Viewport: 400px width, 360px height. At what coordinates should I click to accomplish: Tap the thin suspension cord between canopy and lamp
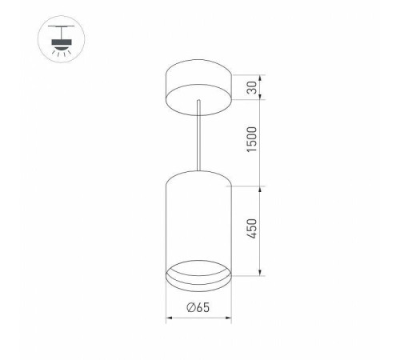pos(197,136)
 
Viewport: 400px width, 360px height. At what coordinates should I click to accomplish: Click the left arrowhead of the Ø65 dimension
pos(168,318)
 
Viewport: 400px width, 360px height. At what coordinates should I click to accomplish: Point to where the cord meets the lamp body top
pos(197,170)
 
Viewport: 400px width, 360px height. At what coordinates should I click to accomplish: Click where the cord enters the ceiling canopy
pos(197,102)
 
